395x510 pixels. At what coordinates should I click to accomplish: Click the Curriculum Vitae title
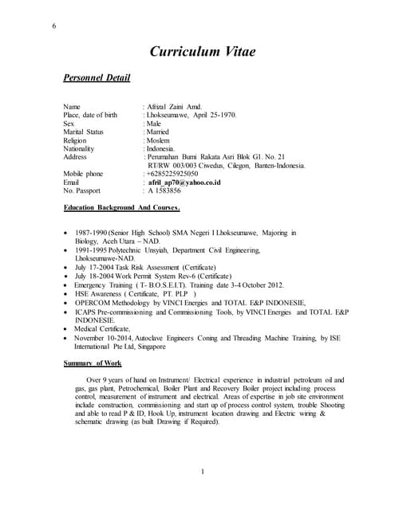click(203, 53)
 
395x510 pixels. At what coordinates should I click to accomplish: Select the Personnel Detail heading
click(97, 78)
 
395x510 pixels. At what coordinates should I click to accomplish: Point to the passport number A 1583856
click(164, 191)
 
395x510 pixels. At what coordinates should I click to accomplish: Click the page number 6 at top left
click(53, 27)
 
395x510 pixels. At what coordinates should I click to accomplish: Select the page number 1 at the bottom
click(203, 473)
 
